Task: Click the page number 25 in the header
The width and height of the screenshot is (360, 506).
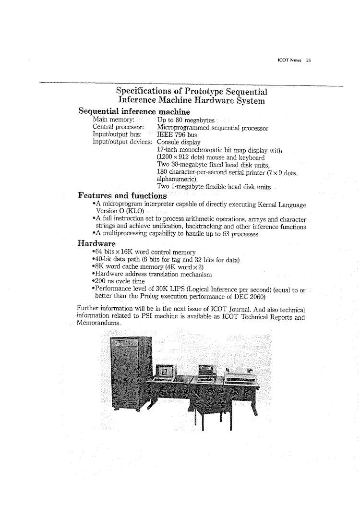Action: point(309,61)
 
